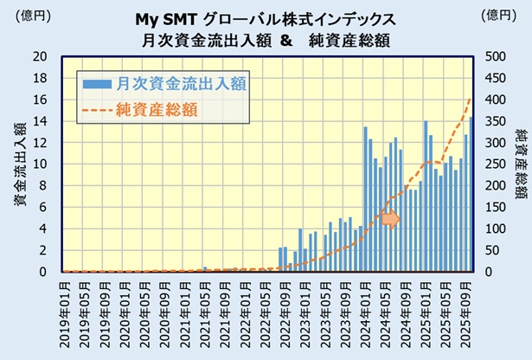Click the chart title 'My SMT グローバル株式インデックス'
(266, 18)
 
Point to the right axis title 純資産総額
(520, 164)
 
